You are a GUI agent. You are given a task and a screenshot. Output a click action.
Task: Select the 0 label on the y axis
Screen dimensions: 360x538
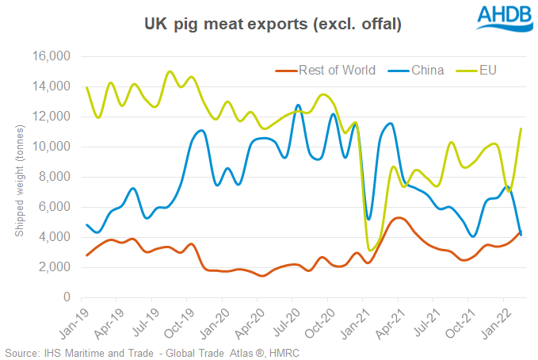point(68,298)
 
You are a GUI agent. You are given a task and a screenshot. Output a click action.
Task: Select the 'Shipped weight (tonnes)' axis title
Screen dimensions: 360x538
point(19,178)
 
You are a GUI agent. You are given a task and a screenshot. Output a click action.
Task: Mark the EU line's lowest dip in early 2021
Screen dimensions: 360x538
point(371,251)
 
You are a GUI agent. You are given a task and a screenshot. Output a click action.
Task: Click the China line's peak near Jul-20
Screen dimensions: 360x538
point(298,105)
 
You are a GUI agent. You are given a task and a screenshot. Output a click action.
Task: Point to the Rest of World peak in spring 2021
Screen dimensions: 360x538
point(400,217)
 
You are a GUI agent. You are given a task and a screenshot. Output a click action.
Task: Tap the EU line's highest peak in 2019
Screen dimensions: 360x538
point(170,71)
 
